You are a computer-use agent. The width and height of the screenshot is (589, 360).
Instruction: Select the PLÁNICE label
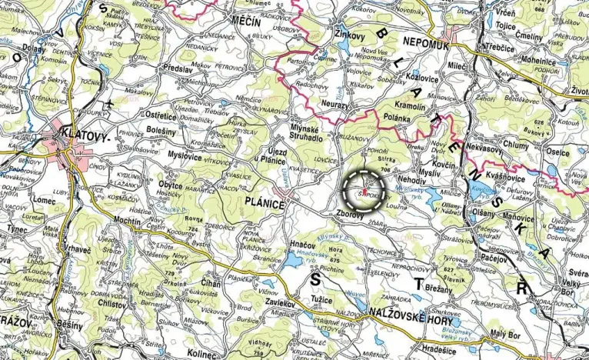tap(264, 205)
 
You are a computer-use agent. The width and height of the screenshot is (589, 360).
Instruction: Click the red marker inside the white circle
tap(363, 185)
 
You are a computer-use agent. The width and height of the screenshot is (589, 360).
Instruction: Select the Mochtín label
tap(127, 220)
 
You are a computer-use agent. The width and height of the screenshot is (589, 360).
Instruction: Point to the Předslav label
tap(178, 68)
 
